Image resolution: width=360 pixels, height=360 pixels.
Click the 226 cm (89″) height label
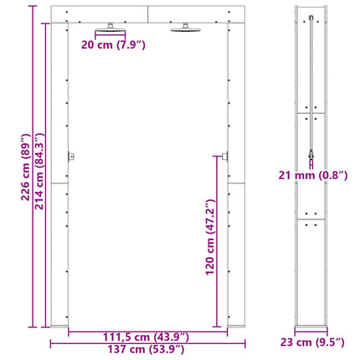click(x=26, y=167)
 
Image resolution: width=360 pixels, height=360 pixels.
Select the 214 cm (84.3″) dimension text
click(x=39, y=171)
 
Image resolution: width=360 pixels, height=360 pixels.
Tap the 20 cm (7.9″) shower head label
click(x=113, y=44)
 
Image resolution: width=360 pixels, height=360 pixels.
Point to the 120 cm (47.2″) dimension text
click(x=210, y=237)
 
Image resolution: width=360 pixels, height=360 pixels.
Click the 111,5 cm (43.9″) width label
click(x=146, y=337)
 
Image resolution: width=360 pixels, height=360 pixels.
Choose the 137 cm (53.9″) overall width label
click(x=146, y=349)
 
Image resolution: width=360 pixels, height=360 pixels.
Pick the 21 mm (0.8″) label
click(x=313, y=176)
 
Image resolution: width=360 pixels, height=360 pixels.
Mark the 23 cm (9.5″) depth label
click(x=312, y=342)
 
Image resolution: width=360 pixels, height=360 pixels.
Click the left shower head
click(x=111, y=28)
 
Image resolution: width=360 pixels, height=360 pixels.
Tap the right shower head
click(x=186, y=28)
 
